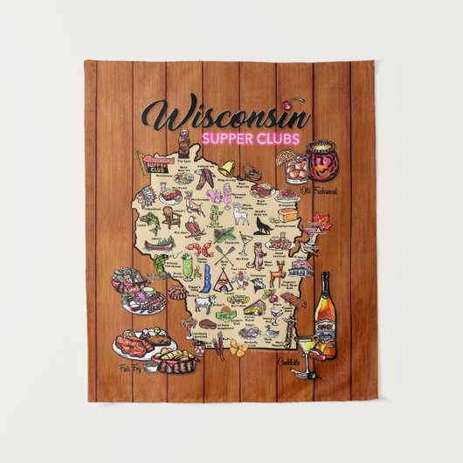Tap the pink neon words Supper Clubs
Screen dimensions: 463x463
click(250, 139)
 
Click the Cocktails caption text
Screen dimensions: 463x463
click(291, 362)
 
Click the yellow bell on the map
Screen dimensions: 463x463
click(225, 166)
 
